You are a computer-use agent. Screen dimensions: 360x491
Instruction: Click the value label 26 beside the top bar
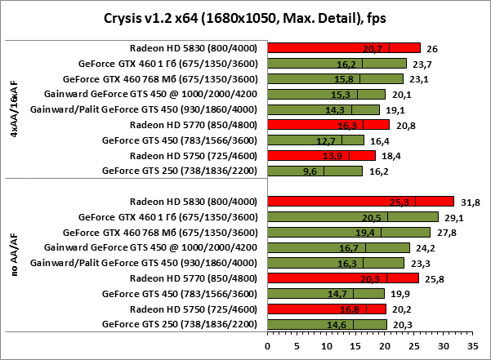click(x=431, y=48)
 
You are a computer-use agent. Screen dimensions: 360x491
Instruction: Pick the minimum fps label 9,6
click(x=310, y=171)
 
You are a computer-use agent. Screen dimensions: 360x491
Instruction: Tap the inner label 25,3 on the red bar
click(x=401, y=202)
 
